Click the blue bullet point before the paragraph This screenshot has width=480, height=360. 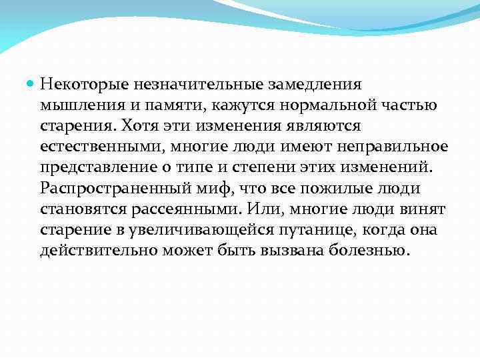coord(31,85)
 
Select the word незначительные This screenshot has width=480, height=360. coord(191,85)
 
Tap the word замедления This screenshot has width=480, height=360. coord(315,85)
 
